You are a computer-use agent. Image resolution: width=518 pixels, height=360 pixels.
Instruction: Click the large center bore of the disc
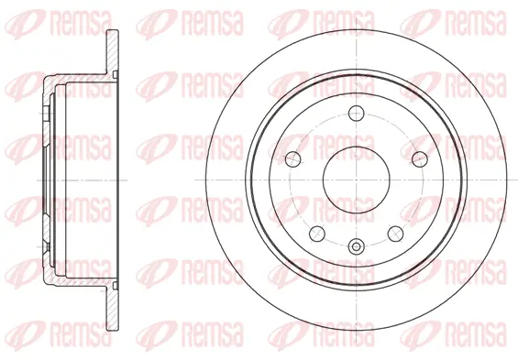point(355,180)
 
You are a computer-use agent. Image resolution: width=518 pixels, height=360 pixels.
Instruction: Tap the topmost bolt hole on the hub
point(355,114)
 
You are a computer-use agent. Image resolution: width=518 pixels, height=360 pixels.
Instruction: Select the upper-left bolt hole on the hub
point(292,158)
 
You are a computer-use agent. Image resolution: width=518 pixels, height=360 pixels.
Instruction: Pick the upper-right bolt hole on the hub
point(417,158)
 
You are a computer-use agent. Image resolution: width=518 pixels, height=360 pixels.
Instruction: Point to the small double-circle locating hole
point(355,245)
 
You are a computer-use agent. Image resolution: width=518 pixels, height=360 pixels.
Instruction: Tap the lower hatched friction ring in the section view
point(113,306)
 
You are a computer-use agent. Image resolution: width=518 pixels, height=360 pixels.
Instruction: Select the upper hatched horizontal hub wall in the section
point(78,81)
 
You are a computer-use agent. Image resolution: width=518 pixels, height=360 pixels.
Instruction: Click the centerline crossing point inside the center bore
point(355,180)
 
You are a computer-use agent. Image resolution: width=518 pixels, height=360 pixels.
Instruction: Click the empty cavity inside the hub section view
point(87,180)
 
